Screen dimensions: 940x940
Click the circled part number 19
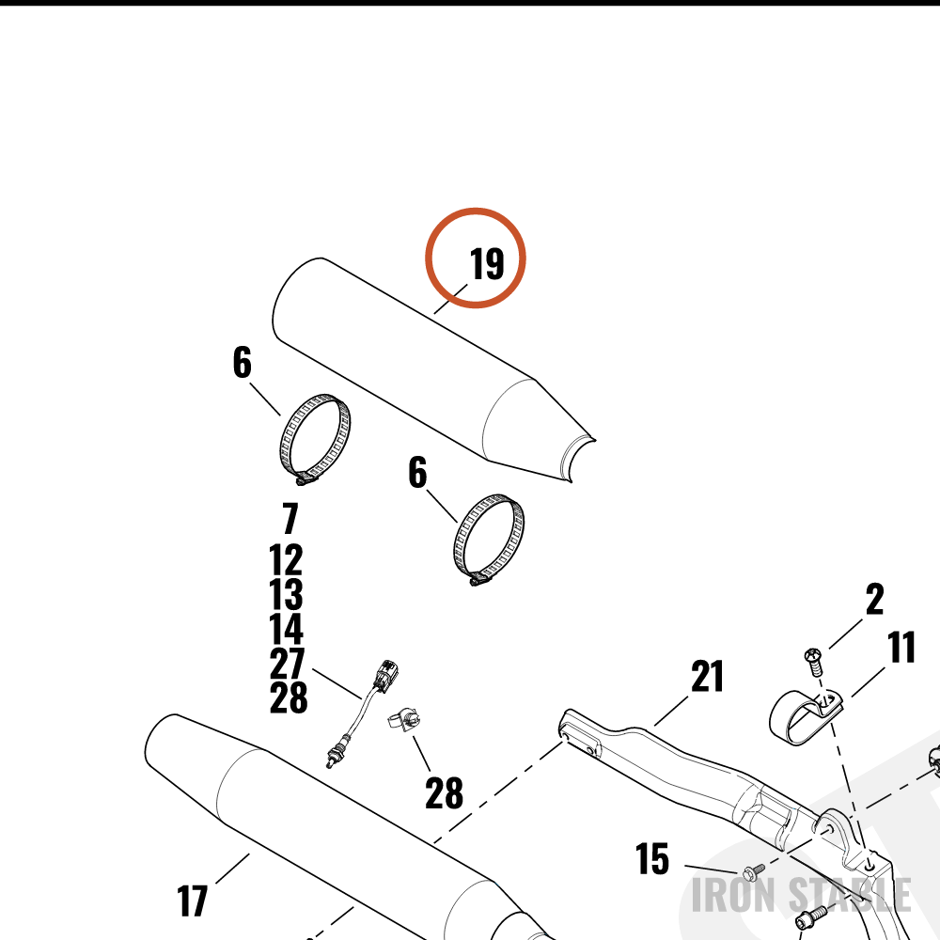(487, 264)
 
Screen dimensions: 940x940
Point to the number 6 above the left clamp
(243, 362)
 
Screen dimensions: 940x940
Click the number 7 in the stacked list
(290, 518)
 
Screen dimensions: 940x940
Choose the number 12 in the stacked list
(286, 560)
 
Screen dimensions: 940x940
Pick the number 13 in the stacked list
(286, 594)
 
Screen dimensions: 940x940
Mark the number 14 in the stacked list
(286, 628)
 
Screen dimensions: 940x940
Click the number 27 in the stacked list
(287, 663)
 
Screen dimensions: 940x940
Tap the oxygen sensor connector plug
(385, 674)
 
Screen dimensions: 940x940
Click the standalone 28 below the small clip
(445, 792)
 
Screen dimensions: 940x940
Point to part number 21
(708, 676)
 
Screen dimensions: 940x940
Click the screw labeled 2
(814, 661)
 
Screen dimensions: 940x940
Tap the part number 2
(874, 599)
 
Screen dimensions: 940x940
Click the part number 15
(652, 858)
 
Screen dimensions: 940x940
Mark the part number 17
(193, 901)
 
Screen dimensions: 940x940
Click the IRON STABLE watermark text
(801, 895)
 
